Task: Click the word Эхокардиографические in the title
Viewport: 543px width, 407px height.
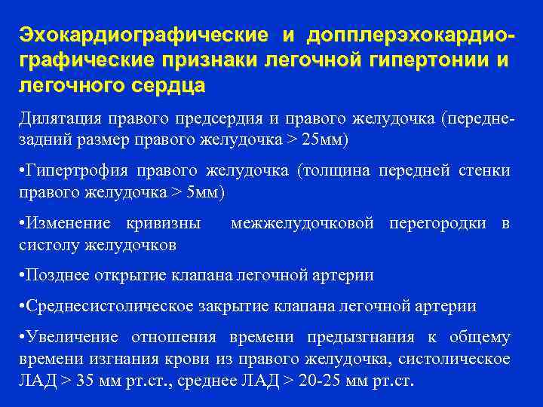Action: [x=143, y=35]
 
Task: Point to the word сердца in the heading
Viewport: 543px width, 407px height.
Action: [x=167, y=85]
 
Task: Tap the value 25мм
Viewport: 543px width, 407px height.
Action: [x=324, y=140]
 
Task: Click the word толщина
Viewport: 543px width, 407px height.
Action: [x=334, y=171]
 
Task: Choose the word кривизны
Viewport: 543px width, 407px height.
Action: [x=164, y=223]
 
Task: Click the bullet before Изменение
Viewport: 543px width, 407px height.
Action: [x=21, y=223]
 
